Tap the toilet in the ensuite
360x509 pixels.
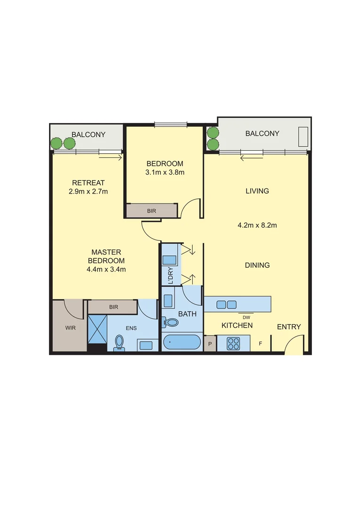119,342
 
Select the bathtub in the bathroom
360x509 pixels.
182,342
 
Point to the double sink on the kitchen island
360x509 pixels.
226,304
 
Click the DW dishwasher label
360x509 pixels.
246,317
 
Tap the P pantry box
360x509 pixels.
210,344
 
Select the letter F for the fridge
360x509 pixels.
260,344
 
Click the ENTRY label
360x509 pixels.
288,327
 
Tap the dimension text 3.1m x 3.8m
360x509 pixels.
165,172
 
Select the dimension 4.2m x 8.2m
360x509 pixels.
257,225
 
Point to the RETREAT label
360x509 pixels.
88,183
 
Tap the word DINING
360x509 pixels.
257,265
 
